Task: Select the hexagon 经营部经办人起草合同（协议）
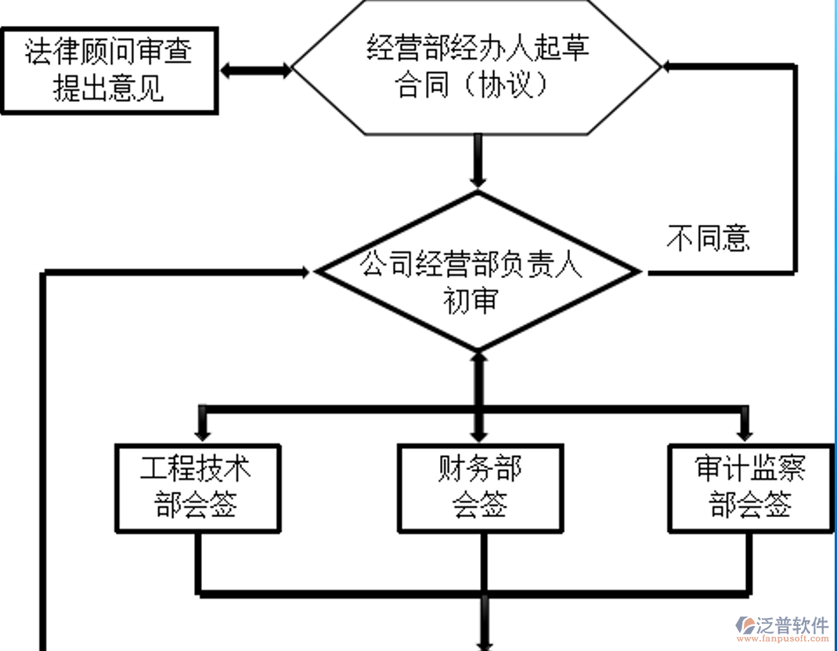pyautogui.click(x=477, y=67)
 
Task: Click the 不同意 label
pyautogui.click(x=709, y=237)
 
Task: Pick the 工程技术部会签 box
pyautogui.click(x=197, y=488)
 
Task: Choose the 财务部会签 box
pyautogui.click(x=479, y=488)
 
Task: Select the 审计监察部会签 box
pyautogui.click(x=750, y=488)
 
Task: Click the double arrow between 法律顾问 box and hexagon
pyautogui.click(x=255, y=71)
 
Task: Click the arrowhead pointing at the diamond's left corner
pyautogui.click(x=306, y=272)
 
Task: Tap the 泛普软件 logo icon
pyautogui.click(x=745, y=625)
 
